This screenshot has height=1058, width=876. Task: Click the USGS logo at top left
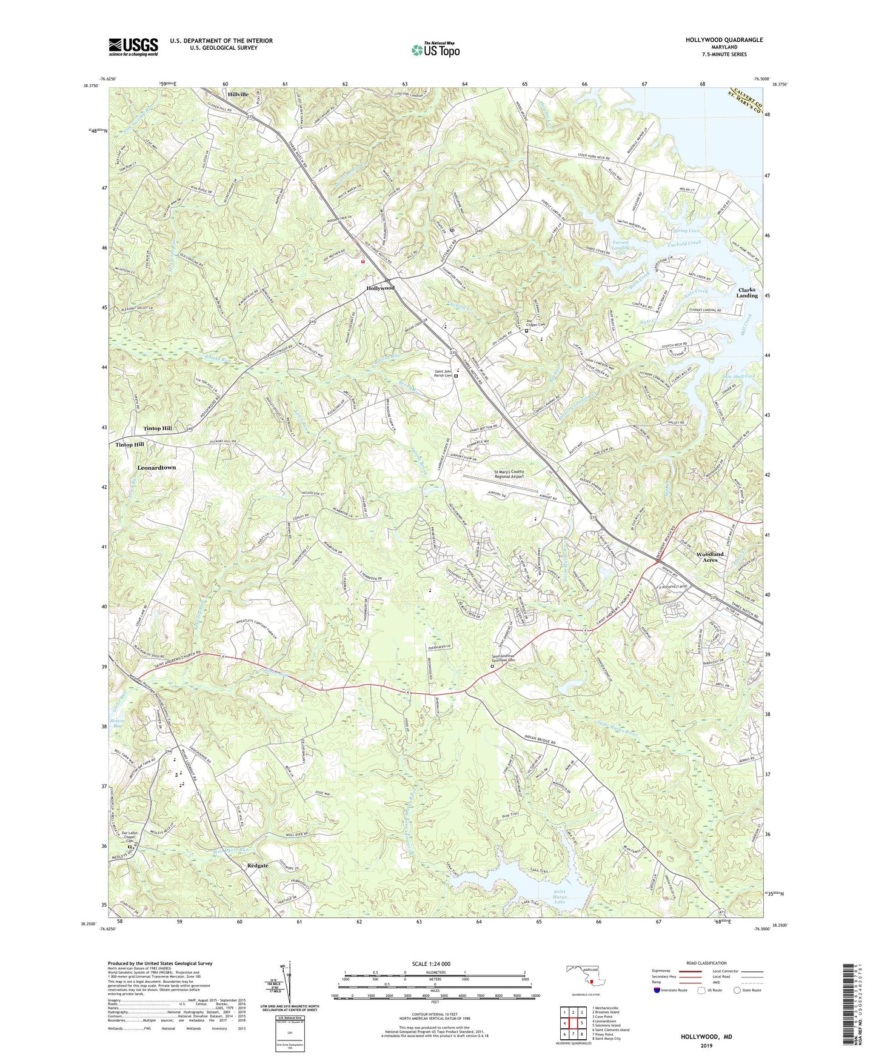(x=133, y=46)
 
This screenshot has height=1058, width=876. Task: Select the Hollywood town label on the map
(x=380, y=288)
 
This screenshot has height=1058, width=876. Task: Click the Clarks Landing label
(x=746, y=293)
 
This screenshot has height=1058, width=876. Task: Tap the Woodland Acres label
(x=709, y=557)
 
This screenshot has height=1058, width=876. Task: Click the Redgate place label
(x=258, y=865)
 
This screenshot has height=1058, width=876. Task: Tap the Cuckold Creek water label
(x=684, y=243)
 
